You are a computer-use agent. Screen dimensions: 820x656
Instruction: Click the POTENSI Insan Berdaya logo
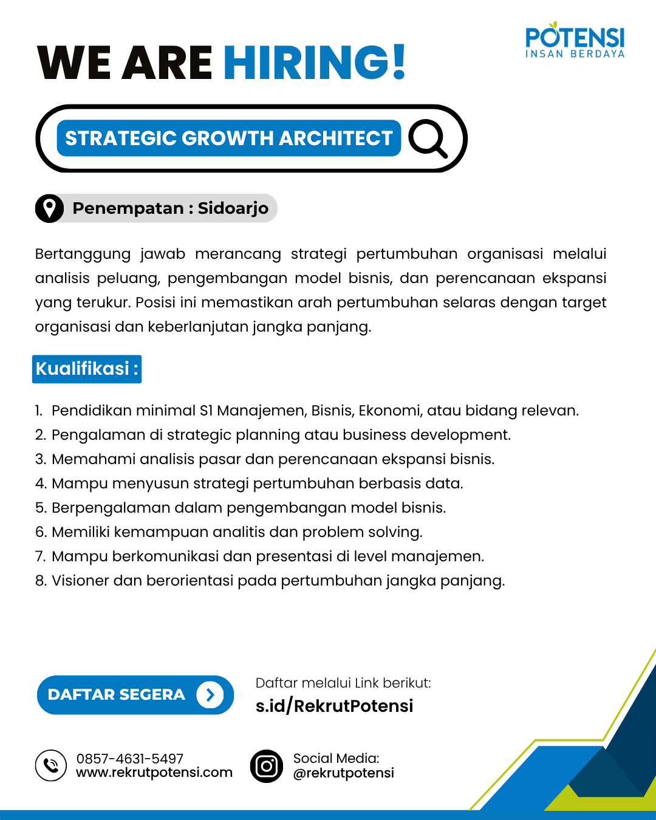pyautogui.click(x=575, y=41)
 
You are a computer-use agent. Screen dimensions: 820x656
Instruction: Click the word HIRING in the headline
pyautogui.click(x=307, y=63)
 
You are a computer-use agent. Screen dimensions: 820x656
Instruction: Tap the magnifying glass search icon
pyautogui.click(x=428, y=138)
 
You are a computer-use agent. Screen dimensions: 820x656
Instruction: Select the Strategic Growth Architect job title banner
pyautogui.click(x=228, y=138)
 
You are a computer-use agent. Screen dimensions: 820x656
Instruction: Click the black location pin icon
pyautogui.click(x=49, y=208)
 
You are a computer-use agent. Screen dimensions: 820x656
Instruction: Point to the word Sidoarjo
pyautogui.click(x=233, y=208)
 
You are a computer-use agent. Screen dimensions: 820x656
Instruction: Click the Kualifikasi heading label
pyautogui.click(x=86, y=369)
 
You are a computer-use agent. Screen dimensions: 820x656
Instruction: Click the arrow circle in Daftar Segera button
pyautogui.click(x=210, y=695)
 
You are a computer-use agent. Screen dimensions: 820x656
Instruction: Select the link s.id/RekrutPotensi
pyautogui.click(x=334, y=706)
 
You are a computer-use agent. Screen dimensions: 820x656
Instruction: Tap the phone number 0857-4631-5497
pyautogui.click(x=130, y=759)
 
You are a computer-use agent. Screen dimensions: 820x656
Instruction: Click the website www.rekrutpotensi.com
pyautogui.click(x=154, y=773)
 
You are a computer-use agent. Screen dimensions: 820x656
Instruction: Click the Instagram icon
pyautogui.click(x=267, y=766)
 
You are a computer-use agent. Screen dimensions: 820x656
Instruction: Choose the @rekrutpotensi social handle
pyautogui.click(x=344, y=773)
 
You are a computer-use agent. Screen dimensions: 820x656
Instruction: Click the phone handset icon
pyautogui.click(x=51, y=765)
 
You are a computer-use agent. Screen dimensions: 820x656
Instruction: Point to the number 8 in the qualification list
pyautogui.click(x=41, y=581)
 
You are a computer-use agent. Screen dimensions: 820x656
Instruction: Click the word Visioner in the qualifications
pyautogui.click(x=81, y=581)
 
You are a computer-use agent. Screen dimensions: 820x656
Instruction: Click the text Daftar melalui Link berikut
pyautogui.click(x=343, y=683)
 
